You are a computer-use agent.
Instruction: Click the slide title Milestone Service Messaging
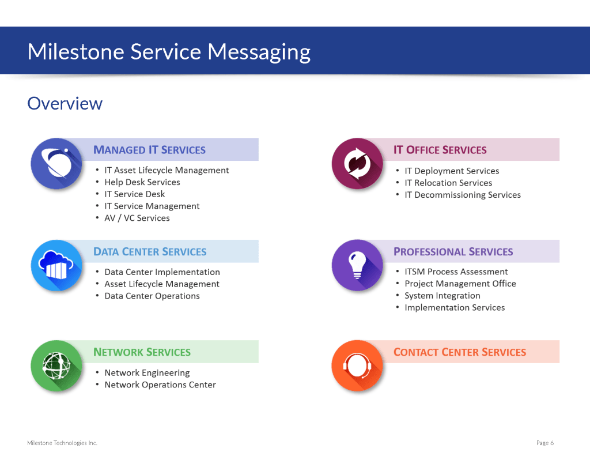coord(169,52)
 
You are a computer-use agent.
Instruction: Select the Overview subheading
coord(65,104)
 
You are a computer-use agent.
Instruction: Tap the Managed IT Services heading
coord(149,150)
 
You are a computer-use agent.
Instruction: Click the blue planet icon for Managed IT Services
coord(56,164)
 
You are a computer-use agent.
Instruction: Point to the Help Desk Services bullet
coord(142,182)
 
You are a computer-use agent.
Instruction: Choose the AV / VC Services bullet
coord(137,218)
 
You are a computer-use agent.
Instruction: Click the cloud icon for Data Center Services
coord(56,265)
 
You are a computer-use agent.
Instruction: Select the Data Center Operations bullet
coord(152,296)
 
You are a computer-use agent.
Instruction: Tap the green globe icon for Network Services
coord(56,365)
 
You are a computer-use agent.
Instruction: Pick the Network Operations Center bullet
coord(160,385)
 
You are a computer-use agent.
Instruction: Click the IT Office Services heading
coord(440,150)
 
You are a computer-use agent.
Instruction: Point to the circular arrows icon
coord(357,164)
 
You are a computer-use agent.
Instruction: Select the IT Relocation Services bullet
coord(448,183)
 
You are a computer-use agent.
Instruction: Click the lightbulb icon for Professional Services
coord(357,265)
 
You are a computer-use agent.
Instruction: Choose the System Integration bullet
coord(442,296)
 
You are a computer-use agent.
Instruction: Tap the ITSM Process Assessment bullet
coord(456,272)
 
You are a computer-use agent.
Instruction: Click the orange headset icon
coord(357,365)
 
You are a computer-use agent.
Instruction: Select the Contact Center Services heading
coord(459,352)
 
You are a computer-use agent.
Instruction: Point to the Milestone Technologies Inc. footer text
coord(62,443)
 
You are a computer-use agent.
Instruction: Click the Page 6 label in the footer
coord(544,443)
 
